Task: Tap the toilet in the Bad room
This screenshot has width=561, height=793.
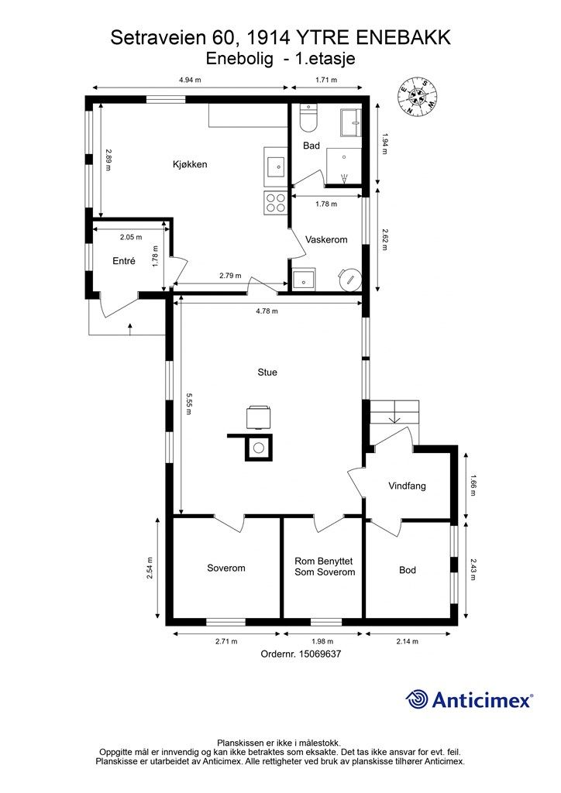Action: coord(308,118)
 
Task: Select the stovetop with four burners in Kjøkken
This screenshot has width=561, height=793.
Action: coord(275,203)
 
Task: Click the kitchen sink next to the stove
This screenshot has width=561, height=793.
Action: coord(276,163)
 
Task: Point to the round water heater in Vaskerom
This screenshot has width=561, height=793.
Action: coord(350,279)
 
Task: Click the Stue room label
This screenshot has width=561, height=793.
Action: coord(267,372)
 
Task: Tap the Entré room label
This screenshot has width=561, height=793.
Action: coord(124,261)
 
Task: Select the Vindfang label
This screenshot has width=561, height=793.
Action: coord(408,486)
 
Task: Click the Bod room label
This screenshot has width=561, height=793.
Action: coord(408,570)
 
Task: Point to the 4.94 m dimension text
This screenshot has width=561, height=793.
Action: coord(190,80)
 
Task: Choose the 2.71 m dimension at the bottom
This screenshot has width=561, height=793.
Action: coord(226,641)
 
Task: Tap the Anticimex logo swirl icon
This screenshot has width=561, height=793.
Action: coord(417,700)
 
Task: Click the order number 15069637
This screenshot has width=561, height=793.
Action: coord(320,654)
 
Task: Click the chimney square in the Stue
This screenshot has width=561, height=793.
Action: coord(259,448)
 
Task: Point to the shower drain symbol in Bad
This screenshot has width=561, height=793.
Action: coord(345,178)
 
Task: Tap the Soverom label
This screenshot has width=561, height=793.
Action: coord(226,568)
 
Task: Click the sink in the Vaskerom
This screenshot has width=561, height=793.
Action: coord(304,279)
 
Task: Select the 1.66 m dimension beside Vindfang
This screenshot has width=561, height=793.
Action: coord(473,486)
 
